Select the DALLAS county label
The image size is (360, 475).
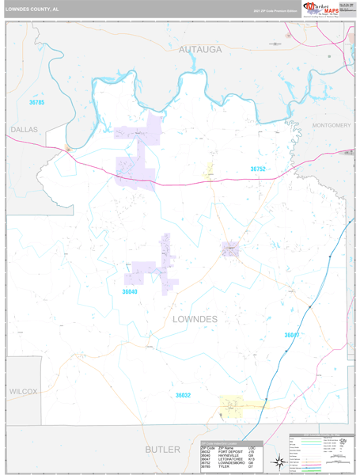point(23,128)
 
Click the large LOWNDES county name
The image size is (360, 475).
point(195,318)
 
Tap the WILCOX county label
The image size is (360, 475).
point(24,392)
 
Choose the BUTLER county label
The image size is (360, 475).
point(163,449)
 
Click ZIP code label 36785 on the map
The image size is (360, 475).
point(36,103)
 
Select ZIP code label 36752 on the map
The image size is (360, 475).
point(259,169)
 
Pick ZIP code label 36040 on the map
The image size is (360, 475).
point(131,291)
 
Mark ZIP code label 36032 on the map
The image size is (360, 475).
point(184,395)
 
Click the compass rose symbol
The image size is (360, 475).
point(279,461)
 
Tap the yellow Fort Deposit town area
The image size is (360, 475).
point(241,405)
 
